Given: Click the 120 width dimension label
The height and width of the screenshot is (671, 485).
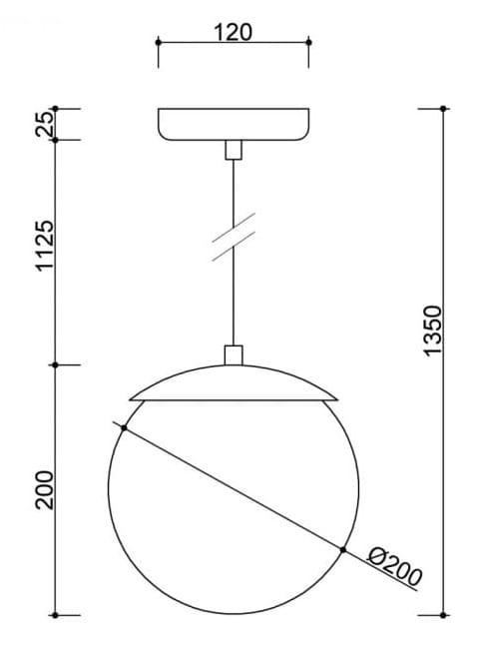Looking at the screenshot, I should coord(233,31).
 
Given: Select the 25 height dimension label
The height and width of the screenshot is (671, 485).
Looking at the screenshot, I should coord(43,124).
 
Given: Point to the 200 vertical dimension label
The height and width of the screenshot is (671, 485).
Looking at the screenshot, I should coord(43,488).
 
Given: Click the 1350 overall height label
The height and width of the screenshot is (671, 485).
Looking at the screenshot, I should coord(432,331).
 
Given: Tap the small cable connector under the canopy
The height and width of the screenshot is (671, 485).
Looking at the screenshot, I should coord(233,150).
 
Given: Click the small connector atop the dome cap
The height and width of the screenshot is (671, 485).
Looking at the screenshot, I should coord(233,354).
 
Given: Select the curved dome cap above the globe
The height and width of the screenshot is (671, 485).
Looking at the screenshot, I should coord(233,383).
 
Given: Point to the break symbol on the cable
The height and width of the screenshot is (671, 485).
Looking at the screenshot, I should coord(233,237).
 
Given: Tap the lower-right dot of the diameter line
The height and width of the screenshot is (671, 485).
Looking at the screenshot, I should coord(342,550).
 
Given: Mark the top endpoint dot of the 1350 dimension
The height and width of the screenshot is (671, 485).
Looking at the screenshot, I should coord(444,107).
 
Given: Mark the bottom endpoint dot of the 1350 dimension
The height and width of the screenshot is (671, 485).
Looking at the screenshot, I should coord(444,613).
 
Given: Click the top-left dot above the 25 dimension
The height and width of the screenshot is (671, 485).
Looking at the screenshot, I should coord(55,107).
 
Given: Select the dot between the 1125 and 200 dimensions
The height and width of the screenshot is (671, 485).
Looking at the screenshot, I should coord(55,365).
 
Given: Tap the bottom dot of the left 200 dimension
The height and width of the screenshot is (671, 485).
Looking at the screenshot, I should coord(55,613).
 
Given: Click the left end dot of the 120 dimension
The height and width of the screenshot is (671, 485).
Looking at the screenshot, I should coord(158,42).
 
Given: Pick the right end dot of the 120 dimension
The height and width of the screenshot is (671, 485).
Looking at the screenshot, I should coord(307,42).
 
